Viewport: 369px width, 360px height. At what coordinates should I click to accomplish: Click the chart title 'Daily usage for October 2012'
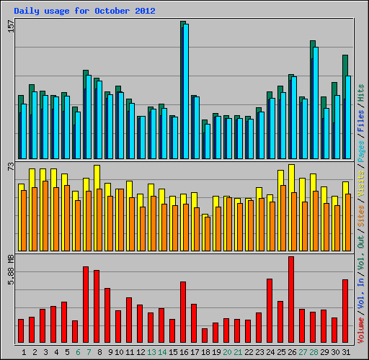84,12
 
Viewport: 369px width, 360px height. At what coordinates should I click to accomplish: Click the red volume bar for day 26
291,300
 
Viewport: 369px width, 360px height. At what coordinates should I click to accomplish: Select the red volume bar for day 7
86,305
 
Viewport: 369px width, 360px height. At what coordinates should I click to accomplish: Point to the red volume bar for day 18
205,336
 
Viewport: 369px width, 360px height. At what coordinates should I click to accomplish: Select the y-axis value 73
10,166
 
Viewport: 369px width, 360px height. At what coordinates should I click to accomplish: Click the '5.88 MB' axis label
10,268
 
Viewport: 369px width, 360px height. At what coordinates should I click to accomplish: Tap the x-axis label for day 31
346,352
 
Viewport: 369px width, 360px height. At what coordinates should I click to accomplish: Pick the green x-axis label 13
151,352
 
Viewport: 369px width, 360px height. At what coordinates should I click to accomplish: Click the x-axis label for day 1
24,352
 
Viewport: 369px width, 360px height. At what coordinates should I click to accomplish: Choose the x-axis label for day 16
184,352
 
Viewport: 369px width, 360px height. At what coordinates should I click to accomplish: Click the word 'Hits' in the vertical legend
361,91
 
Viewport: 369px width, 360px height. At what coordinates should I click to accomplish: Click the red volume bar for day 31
345,311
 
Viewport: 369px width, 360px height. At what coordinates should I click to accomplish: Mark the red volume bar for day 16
183,312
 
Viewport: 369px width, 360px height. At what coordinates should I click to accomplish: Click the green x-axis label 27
303,352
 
